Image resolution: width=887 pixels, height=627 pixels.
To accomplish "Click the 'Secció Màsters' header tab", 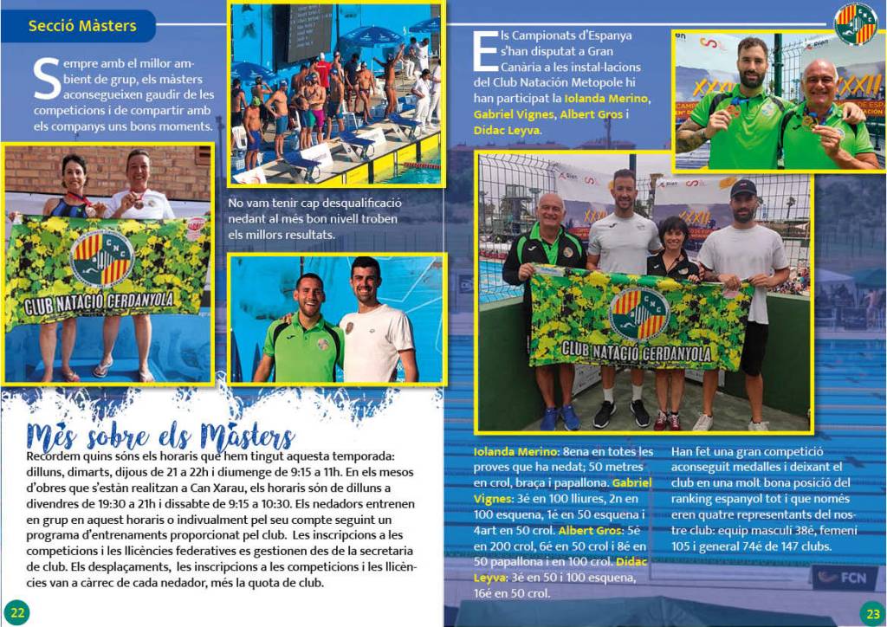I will point(82,26).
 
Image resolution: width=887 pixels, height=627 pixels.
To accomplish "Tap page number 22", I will point(18,611).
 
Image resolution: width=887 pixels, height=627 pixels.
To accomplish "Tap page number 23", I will point(871,611).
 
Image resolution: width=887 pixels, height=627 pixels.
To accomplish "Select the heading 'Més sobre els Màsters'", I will point(160,435).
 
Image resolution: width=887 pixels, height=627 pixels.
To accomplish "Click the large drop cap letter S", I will point(46,79).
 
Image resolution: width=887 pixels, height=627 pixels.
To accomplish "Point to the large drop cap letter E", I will point(486,53).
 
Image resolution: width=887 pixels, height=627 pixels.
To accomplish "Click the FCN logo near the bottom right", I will point(845,577).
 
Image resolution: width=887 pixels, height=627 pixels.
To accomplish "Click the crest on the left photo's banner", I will point(102,258).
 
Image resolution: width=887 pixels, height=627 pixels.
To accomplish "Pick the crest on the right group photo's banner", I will point(639,314).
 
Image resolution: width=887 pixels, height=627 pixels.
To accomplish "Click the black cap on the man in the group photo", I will point(742,187).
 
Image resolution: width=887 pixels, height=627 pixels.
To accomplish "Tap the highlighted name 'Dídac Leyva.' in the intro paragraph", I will point(508,130).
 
